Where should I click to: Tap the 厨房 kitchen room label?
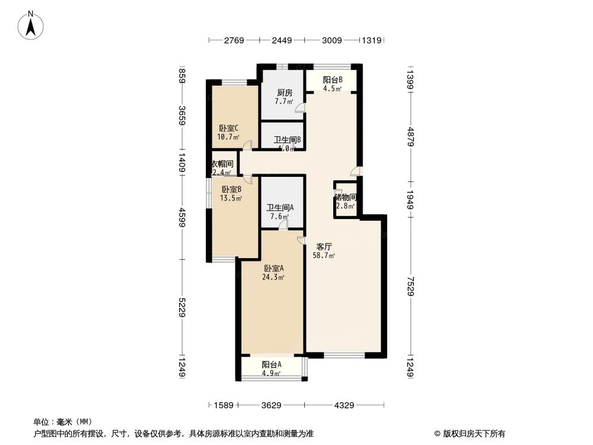click(x=285, y=93)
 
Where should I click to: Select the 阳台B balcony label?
click(x=332, y=81)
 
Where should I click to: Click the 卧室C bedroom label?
click(x=228, y=128)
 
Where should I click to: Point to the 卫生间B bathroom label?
click(x=288, y=141)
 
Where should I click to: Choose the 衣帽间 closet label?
click(x=223, y=164)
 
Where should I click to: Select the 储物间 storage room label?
click(x=345, y=197)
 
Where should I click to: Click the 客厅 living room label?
click(x=324, y=246)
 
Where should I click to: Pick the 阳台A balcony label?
click(x=272, y=365)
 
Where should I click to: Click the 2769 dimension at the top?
click(x=234, y=40)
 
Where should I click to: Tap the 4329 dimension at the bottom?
click(x=343, y=405)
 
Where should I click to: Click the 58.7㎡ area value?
click(x=324, y=256)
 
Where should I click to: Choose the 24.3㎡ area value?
click(x=274, y=276)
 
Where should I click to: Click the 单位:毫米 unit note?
click(x=60, y=422)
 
